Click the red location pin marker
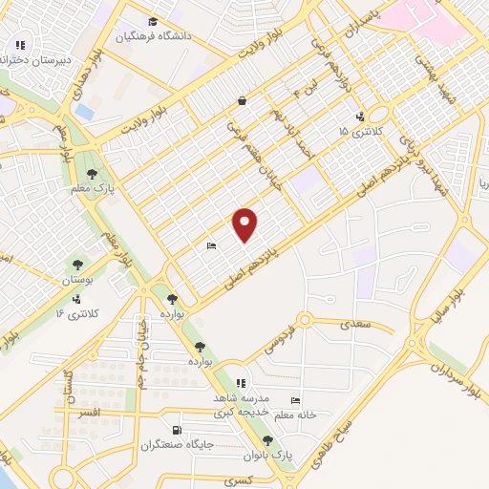(245, 224)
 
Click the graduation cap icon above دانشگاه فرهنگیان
(153, 21)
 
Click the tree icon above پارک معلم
(92, 174)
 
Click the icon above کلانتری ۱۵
(358, 117)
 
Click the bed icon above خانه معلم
(295, 401)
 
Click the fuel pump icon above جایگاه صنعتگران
(175, 430)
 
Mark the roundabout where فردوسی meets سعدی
(305, 320)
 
